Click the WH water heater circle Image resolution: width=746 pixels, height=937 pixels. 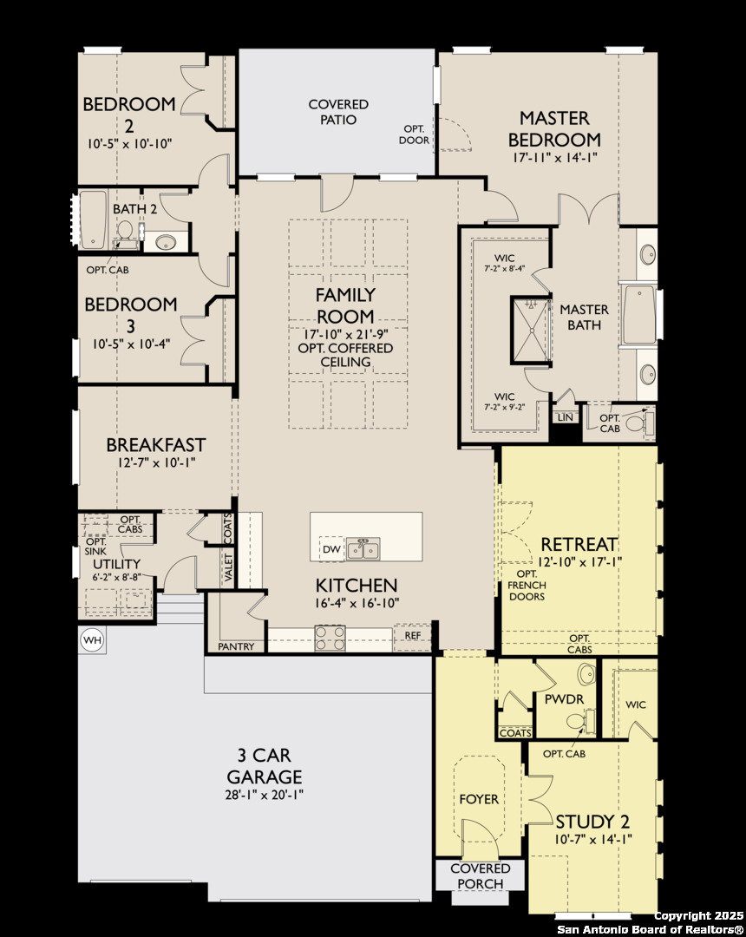point(92,640)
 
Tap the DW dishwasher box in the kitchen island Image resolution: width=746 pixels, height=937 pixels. point(332,549)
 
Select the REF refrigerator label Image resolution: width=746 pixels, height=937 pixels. point(413,635)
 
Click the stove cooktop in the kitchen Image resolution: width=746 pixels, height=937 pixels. point(330,638)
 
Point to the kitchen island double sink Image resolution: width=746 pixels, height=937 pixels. point(363,548)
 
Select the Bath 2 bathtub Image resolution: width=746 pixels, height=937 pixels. point(93,220)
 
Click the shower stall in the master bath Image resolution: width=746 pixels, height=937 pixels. point(530,330)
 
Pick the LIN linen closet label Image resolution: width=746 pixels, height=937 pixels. point(565,417)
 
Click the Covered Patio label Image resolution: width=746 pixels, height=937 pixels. point(338,112)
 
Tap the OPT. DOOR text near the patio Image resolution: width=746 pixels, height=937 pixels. point(416,134)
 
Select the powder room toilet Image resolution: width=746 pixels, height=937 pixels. point(582,721)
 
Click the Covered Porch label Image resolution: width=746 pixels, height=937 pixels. point(481,875)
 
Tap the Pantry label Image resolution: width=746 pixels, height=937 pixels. point(236,646)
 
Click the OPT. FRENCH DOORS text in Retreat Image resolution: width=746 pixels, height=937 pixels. point(527,585)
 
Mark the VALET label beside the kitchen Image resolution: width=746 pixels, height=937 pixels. point(229,567)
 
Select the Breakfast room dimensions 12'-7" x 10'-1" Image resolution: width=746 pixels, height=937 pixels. point(155,462)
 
